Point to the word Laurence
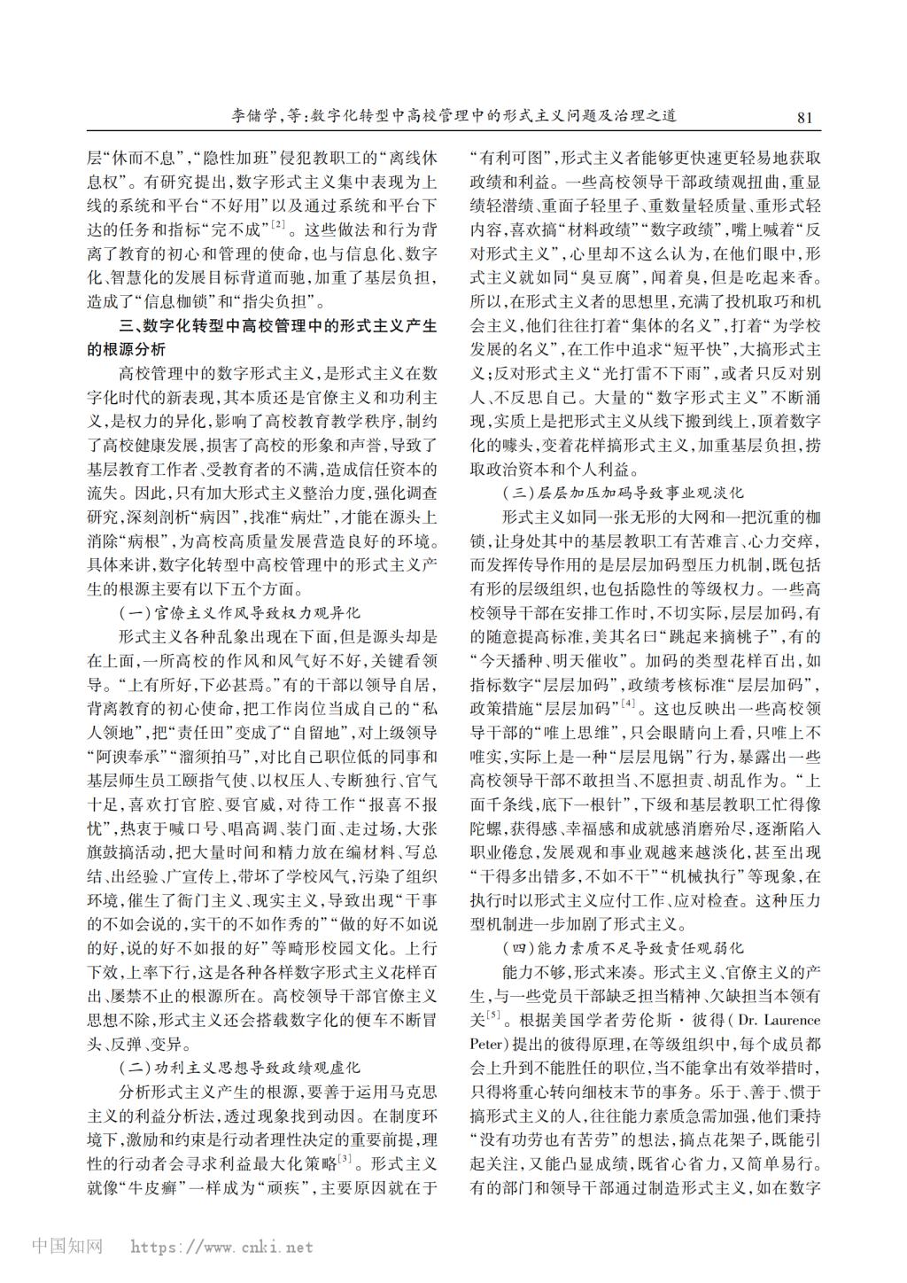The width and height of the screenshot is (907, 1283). point(789,1020)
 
